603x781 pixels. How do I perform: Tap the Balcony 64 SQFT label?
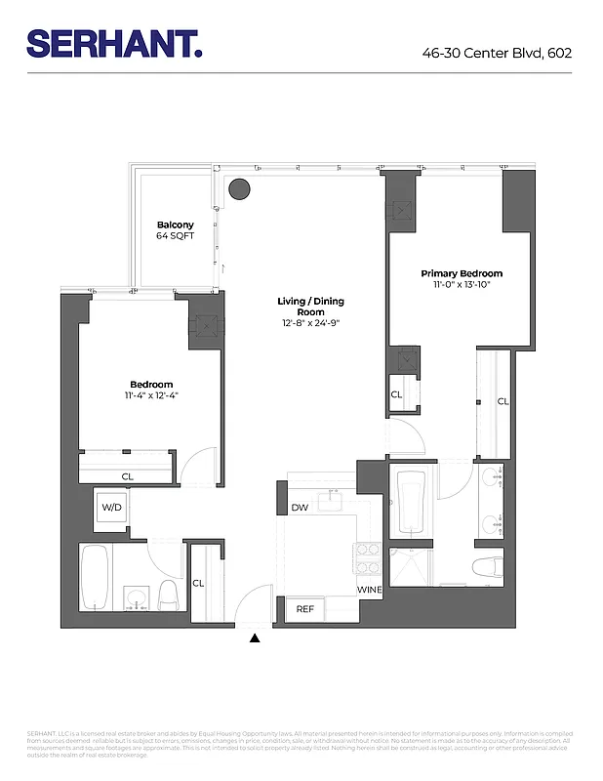(x=176, y=230)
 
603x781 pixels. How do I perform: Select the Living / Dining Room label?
(x=310, y=311)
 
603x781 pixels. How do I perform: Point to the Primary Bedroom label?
(x=462, y=279)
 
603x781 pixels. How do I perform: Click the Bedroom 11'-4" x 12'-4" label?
(x=151, y=390)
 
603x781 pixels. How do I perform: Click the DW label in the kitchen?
(x=300, y=508)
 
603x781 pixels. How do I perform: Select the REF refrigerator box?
(x=306, y=609)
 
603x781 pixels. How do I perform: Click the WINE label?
(x=369, y=591)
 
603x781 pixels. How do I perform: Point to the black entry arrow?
(x=256, y=638)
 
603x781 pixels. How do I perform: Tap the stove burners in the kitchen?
(x=368, y=560)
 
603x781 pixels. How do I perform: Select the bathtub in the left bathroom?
(x=96, y=576)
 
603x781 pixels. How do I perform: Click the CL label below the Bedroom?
(x=128, y=476)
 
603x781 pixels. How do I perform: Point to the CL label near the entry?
(x=198, y=583)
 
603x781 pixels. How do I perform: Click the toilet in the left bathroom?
(x=168, y=593)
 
